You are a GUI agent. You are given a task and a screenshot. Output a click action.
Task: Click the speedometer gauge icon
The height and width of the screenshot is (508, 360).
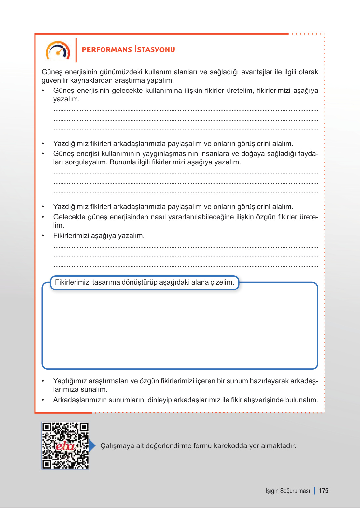58,51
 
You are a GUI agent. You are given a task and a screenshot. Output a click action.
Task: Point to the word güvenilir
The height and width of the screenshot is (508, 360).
55,80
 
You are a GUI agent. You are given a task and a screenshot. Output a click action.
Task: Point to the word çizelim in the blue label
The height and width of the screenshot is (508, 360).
222,282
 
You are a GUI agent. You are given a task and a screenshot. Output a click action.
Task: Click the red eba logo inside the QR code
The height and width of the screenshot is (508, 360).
65,446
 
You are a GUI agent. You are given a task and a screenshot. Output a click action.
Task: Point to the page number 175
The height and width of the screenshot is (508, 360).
324,491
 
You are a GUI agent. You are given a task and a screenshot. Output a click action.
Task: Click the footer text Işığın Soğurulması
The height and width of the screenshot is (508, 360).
287,491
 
